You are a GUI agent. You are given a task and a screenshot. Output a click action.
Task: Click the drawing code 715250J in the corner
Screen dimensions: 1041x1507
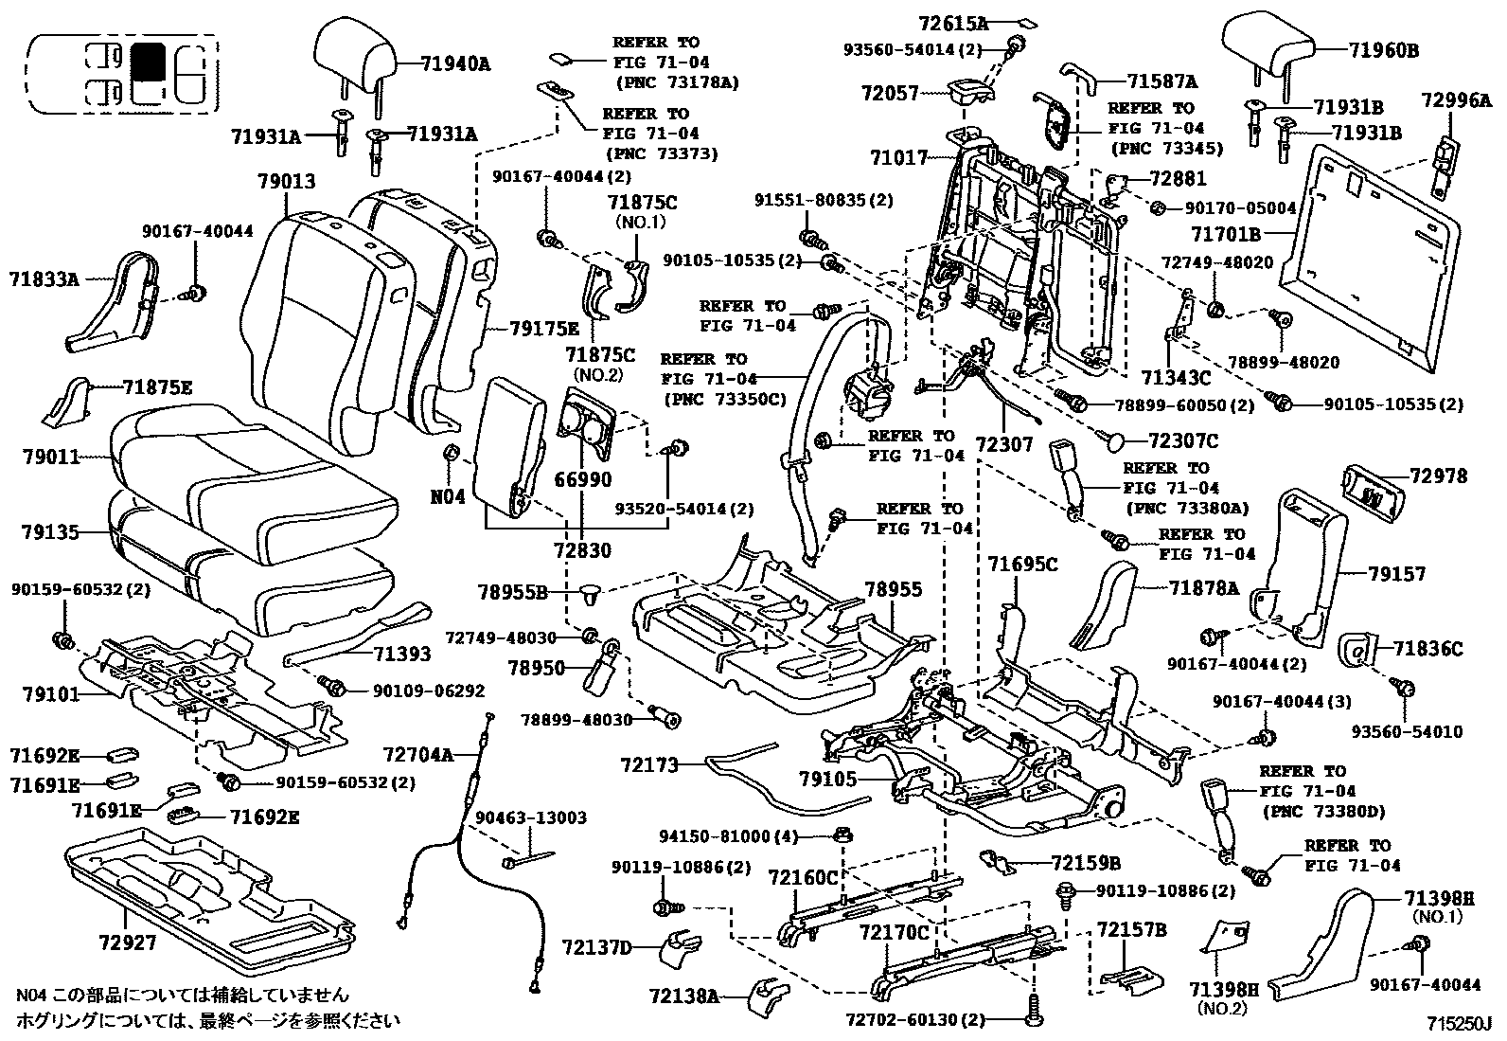point(1459,1025)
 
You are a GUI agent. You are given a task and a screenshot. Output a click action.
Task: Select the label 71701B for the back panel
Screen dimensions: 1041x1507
point(1226,231)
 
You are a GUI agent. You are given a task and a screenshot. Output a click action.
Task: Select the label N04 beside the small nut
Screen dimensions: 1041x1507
point(448,495)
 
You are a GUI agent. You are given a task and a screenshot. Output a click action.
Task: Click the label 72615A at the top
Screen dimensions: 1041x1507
point(952,22)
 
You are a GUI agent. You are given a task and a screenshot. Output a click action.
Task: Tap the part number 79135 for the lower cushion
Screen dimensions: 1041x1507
point(50,532)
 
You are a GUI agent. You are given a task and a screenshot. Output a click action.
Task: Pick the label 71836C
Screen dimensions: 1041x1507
point(1427,649)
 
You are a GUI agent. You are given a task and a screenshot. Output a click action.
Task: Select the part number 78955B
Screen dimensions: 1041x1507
point(512,593)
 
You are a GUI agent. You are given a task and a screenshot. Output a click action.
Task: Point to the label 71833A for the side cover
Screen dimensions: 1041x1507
point(44,279)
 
